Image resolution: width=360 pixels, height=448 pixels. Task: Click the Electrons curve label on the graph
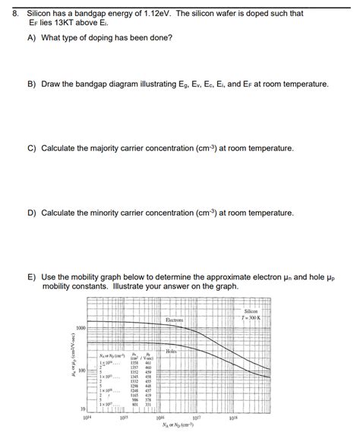pos(174,320)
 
